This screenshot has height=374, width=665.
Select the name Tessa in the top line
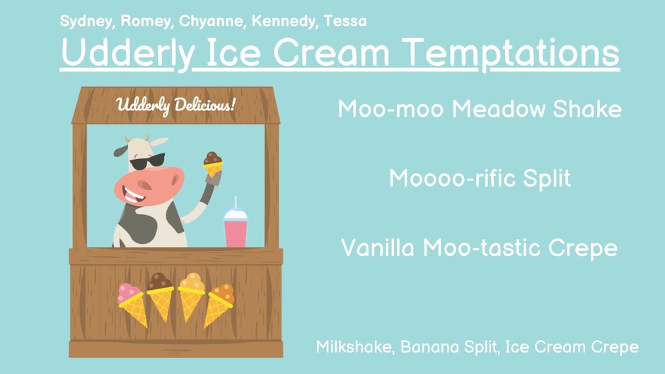pyautogui.click(x=345, y=21)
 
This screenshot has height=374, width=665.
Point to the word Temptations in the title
pyautogui.click(x=511, y=52)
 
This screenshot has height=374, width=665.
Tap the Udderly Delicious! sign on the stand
pyautogui.click(x=175, y=105)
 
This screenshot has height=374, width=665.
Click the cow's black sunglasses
pyautogui.click(x=147, y=162)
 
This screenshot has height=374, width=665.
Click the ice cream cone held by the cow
pyautogui.click(x=213, y=167)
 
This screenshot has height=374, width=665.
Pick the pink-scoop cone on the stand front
pyautogui.click(x=132, y=305)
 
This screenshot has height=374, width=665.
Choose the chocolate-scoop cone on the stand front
pyautogui.click(x=161, y=296)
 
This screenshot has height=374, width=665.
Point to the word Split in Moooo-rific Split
pyautogui.click(x=547, y=178)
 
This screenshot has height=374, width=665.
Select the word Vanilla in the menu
pyautogui.click(x=378, y=247)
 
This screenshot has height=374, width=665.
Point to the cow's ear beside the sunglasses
pyautogui.click(x=120, y=151)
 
